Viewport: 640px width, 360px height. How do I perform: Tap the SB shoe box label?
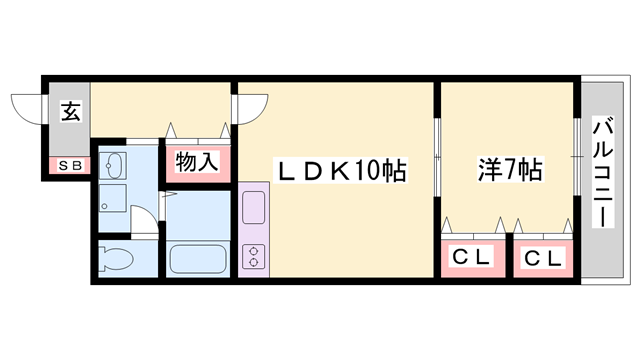(69, 166)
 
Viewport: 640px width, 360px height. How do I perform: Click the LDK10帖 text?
(341, 171)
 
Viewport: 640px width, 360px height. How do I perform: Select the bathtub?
(200, 258)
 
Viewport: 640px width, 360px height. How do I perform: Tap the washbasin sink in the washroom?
(113, 165)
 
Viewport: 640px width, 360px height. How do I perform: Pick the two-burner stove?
(253, 255)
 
